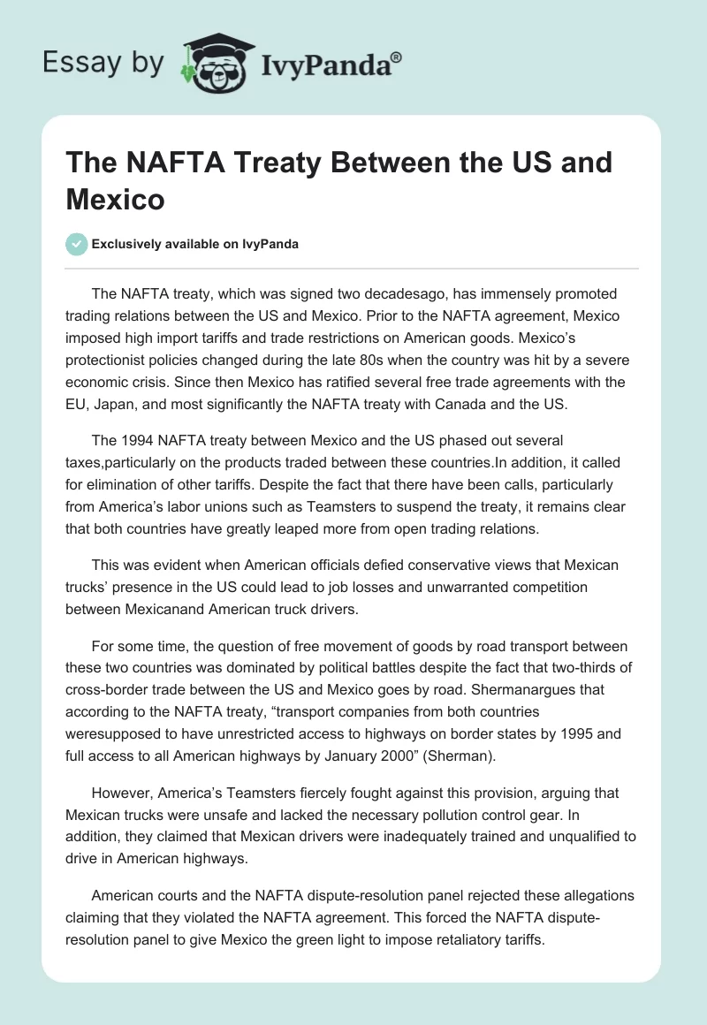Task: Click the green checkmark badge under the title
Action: (77, 245)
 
